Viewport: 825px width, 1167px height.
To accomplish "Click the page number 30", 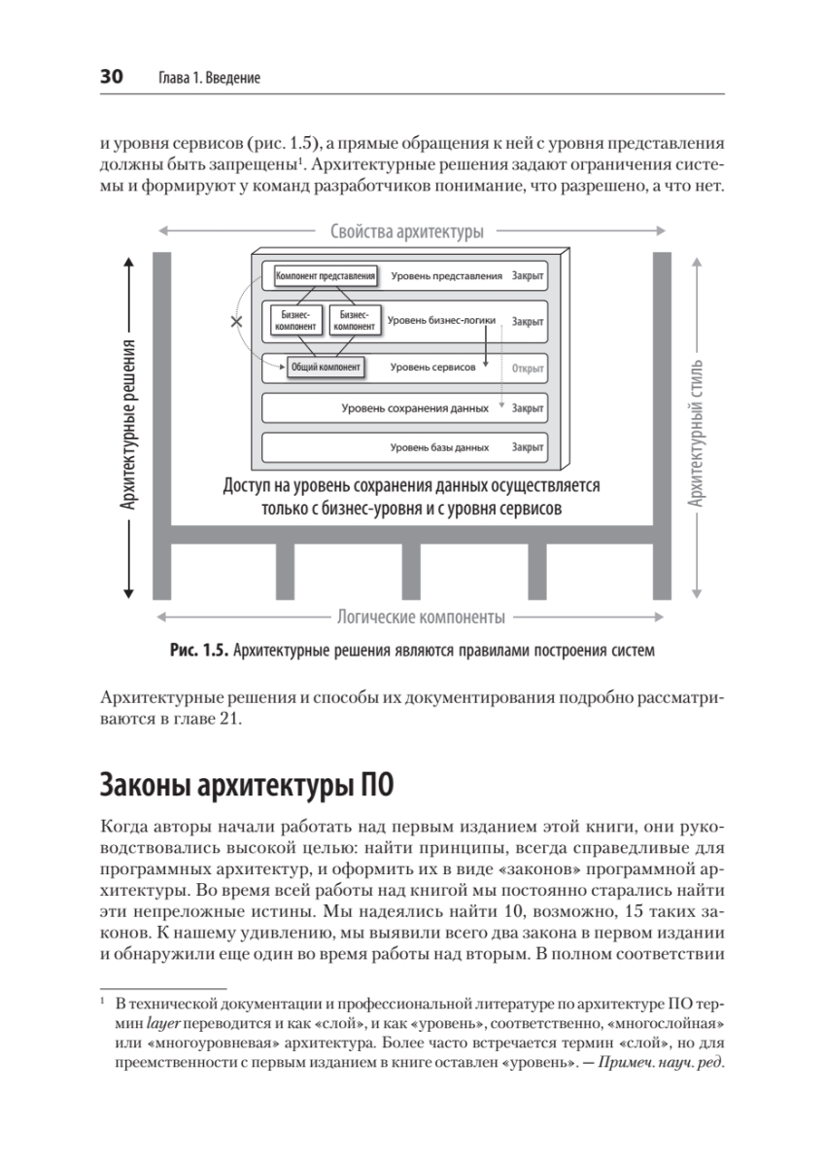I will pyautogui.click(x=110, y=78).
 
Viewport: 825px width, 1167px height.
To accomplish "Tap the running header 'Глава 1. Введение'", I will pyautogui.click(x=208, y=79).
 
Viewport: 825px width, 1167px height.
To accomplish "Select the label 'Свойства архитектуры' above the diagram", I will pyautogui.click(x=406, y=231).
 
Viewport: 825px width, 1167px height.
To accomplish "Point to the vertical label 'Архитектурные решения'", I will pyautogui.click(x=127, y=426).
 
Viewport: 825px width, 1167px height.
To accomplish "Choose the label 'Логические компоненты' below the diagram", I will pyautogui.click(x=420, y=617).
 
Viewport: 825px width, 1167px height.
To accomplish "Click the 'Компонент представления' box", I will pyautogui.click(x=326, y=276).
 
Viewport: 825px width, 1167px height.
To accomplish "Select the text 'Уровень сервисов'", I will pyautogui.click(x=432, y=368).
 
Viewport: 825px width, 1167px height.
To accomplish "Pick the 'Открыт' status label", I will pyautogui.click(x=527, y=369).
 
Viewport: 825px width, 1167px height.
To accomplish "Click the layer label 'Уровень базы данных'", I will pyautogui.click(x=439, y=448).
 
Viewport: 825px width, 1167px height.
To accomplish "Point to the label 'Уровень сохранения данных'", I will pyautogui.click(x=415, y=408).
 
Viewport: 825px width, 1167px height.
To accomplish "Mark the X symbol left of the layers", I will pyautogui.click(x=236, y=320).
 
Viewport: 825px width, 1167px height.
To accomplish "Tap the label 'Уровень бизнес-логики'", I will pyautogui.click(x=441, y=320).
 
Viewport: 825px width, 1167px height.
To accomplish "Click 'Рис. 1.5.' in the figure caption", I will pyautogui.click(x=199, y=650).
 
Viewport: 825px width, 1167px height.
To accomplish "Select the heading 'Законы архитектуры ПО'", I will pyautogui.click(x=245, y=783).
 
